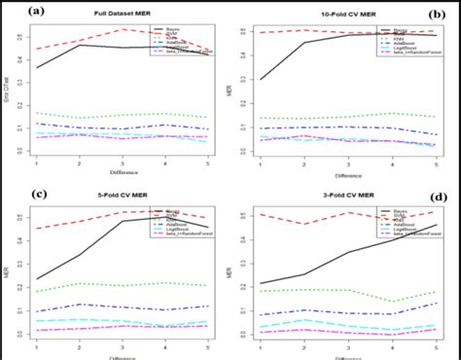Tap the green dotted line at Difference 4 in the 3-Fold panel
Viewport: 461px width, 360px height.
click(391, 302)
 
